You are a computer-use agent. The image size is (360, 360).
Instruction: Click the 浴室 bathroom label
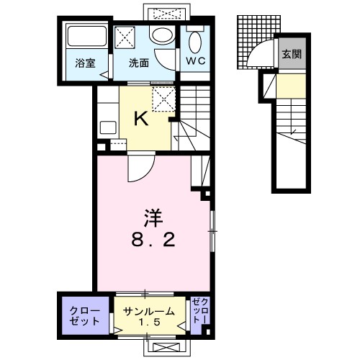[84, 63]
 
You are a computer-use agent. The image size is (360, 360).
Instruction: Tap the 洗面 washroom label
[139, 63]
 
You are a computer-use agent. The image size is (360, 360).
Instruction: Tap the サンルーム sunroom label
[148, 311]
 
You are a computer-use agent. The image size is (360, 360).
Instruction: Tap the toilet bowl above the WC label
[195, 40]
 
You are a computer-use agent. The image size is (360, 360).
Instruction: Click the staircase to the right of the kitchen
[192, 115]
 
